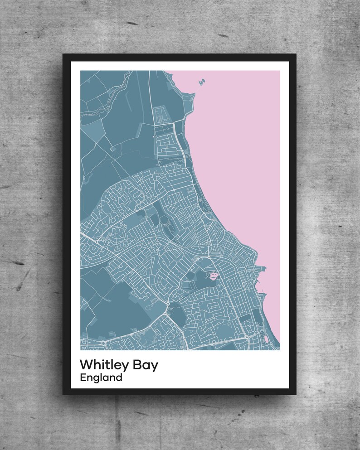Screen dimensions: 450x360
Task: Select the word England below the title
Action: (101, 377)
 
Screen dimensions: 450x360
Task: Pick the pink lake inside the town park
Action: (213, 275)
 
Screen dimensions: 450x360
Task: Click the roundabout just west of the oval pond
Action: (246, 338)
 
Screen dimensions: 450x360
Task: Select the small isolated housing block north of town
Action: (161, 114)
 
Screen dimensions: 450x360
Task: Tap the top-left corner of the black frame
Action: (63, 55)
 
